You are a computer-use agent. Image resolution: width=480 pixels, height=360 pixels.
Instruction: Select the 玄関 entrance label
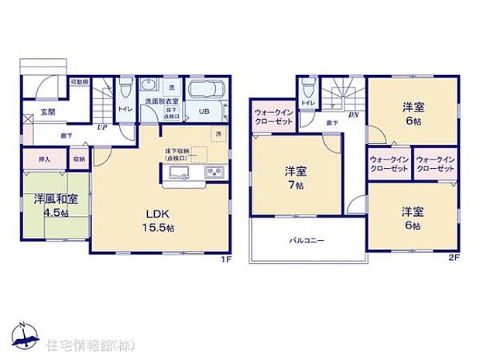(48, 112)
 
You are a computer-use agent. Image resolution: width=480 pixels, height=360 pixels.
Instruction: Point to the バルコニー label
(306, 241)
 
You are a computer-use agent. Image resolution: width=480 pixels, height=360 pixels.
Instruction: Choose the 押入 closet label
(44, 159)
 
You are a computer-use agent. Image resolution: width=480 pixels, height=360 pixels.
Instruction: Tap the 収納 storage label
(79, 159)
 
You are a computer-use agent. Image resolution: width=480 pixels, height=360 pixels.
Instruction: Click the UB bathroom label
(204, 111)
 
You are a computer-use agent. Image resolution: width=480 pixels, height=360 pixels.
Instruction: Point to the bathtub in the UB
(206, 90)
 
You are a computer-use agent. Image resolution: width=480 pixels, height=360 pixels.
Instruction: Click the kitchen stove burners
(214, 172)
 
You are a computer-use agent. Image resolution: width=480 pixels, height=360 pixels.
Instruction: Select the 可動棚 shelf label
(80, 81)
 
